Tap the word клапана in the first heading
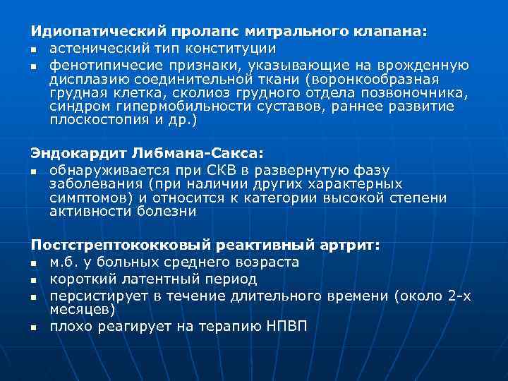(394, 32)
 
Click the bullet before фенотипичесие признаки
(33, 66)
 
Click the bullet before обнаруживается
(33, 170)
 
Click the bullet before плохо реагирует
(33, 327)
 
